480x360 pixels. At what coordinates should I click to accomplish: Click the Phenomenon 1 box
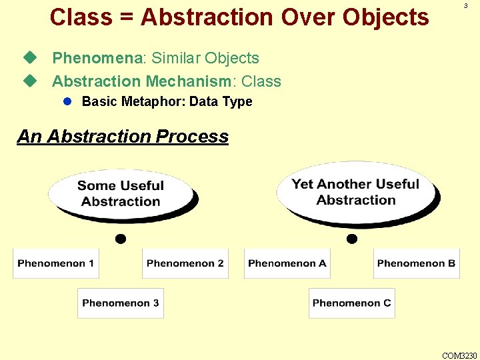pyautogui.click(x=56, y=263)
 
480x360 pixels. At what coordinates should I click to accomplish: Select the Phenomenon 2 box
pyautogui.click(x=185, y=263)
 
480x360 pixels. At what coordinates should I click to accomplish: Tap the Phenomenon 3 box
pyautogui.click(x=121, y=303)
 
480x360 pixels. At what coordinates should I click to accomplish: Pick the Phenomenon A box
pyautogui.click(x=287, y=263)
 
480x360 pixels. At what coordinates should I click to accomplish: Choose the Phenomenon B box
pyautogui.click(x=416, y=263)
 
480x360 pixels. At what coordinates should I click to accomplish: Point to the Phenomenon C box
pyautogui.click(x=352, y=303)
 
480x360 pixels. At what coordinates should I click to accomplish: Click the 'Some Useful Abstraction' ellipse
pyautogui.click(x=121, y=193)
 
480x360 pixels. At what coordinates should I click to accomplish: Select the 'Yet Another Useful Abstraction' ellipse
pyautogui.click(x=355, y=192)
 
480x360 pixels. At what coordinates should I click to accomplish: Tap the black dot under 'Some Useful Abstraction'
pyautogui.click(x=121, y=239)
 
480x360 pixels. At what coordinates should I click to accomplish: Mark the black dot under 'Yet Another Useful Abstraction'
pyautogui.click(x=352, y=239)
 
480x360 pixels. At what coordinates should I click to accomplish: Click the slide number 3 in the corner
pyautogui.click(x=465, y=6)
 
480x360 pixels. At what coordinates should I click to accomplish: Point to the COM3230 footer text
pyautogui.click(x=459, y=354)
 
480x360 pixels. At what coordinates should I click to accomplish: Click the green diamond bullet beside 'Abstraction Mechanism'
pyautogui.click(x=28, y=81)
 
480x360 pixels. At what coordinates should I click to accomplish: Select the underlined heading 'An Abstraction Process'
pyautogui.click(x=123, y=137)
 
